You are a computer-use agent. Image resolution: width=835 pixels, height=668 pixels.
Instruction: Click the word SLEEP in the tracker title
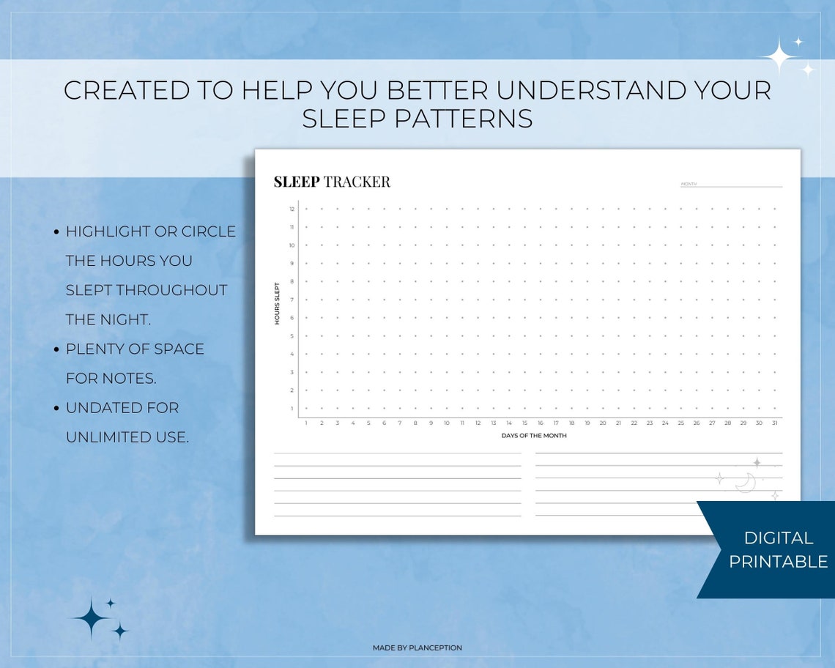pyautogui.click(x=297, y=182)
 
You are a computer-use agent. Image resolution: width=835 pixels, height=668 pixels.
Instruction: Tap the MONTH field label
pyautogui.click(x=689, y=184)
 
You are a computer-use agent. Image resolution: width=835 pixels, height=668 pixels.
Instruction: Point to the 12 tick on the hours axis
pyautogui.click(x=292, y=209)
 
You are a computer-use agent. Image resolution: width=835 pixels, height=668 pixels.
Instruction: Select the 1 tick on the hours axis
pyautogui.click(x=292, y=409)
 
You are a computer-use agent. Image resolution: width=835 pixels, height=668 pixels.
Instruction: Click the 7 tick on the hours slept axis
pyautogui.click(x=292, y=300)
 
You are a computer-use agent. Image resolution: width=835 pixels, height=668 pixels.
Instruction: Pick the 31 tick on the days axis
pyautogui.click(x=774, y=423)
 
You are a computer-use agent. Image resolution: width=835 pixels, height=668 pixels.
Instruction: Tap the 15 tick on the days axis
pyautogui.click(x=524, y=423)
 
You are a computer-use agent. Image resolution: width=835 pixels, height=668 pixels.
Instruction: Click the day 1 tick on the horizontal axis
pyautogui.click(x=306, y=423)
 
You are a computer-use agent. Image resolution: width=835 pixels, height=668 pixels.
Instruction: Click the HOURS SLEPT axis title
pyautogui.click(x=278, y=303)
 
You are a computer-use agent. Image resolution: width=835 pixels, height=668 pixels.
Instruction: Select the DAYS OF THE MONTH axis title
pyautogui.click(x=534, y=436)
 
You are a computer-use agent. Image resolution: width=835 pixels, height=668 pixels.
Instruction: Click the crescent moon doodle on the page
pyautogui.click(x=746, y=483)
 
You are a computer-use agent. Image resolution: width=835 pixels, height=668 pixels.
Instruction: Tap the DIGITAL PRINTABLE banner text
pyautogui.click(x=778, y=549)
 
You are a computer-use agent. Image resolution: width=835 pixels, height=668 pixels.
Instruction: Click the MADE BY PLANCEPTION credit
pyautogui.click(x=417, y=647)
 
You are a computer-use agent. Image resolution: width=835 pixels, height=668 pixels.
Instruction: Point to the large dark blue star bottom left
pyautogui.click(x=91, y=619)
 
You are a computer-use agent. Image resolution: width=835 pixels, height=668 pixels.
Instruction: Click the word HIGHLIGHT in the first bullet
pyautogui.click(x=108, y=231)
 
